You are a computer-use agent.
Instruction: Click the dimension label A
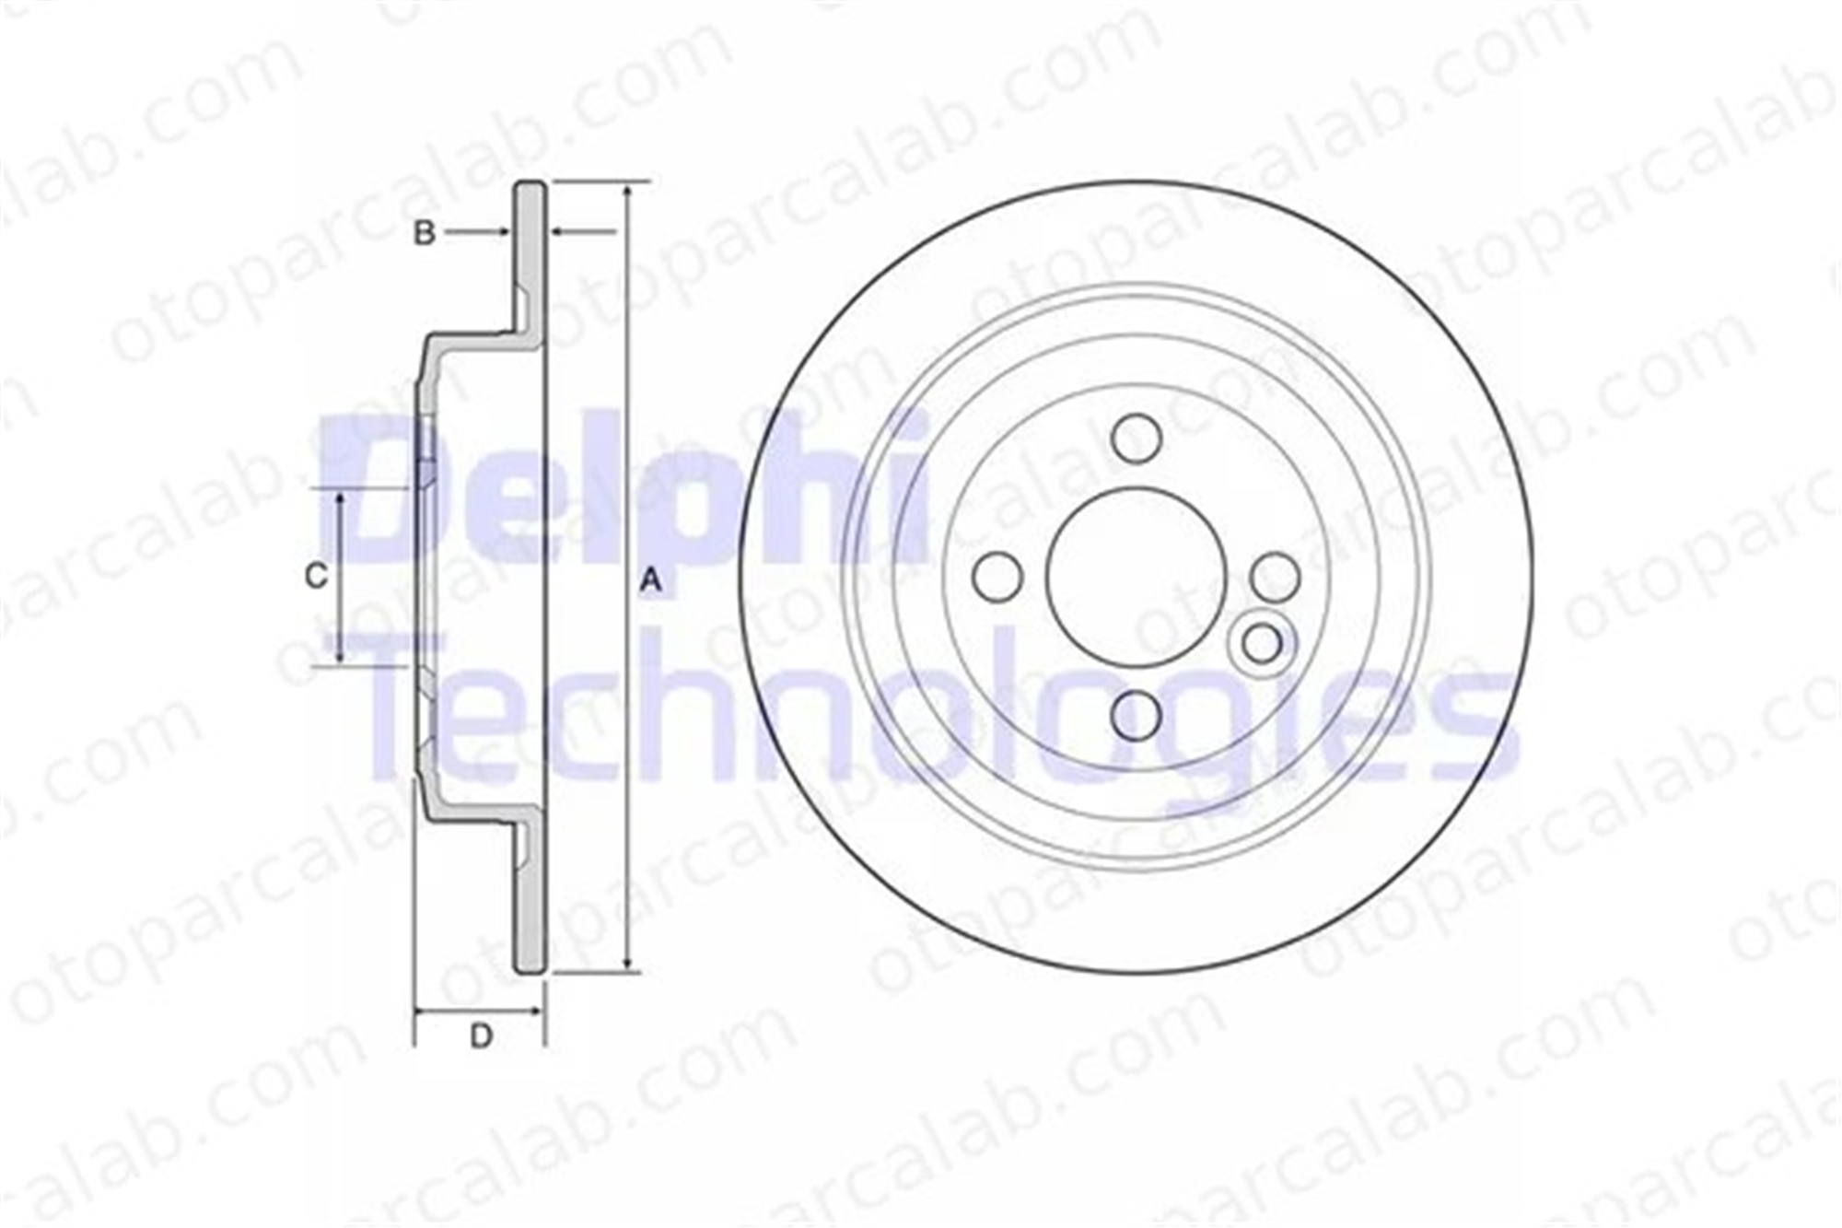pos(651,581)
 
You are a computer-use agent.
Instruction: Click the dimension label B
pos(424,233)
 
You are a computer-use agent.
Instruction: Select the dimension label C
pos(316,576)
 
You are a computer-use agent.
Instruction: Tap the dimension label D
pos(481,1035)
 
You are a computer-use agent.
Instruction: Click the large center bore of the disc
pos(1137,578)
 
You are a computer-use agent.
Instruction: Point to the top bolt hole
pos(1136,438)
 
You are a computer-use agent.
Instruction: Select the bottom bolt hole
pos(1136,716)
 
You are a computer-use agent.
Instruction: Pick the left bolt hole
pos(997,577)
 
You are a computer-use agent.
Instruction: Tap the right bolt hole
pos(1276,577)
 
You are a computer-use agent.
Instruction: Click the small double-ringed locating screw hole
pos(1262,642)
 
